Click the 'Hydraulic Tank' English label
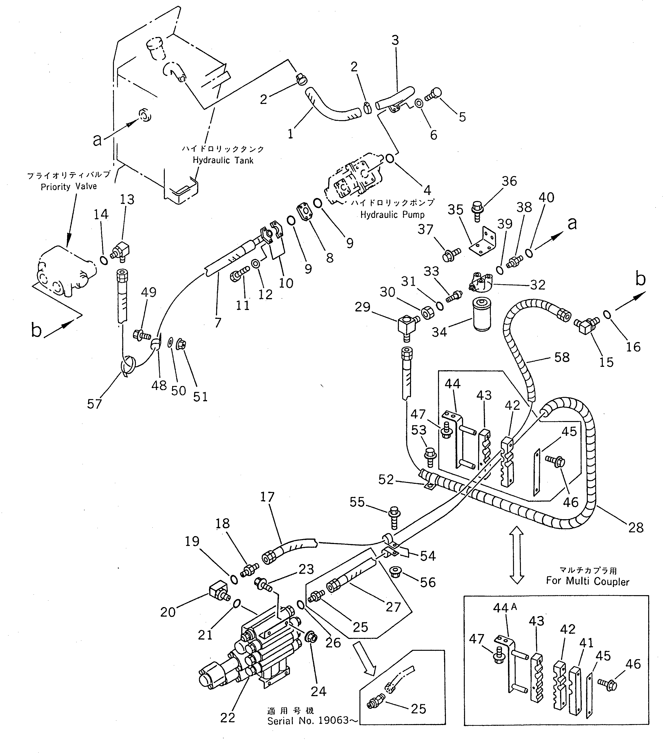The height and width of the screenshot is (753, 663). [223, 160]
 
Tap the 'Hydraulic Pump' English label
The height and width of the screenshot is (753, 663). [392, 214]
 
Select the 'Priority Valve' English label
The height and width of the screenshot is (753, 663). [69, 187]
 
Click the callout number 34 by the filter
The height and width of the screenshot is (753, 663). [439, 332]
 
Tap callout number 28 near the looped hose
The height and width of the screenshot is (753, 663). [636, 528]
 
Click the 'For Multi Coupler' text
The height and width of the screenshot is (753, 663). [588, 581]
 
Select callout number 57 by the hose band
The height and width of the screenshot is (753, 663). [94, 404]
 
